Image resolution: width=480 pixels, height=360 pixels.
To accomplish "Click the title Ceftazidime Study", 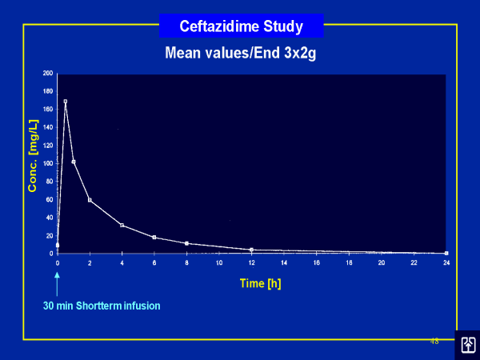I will point(241,26).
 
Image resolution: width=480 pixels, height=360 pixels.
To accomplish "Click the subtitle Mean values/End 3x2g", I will point(240,54).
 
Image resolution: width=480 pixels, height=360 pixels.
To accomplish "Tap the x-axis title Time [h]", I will point(261,282).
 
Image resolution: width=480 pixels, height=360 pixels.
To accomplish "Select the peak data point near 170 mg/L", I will point(66,102).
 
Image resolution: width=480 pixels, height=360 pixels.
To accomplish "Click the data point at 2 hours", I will point(90,200).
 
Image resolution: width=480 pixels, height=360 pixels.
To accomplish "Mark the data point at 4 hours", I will point(122,225).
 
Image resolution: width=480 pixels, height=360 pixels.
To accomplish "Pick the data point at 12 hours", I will point(251,250).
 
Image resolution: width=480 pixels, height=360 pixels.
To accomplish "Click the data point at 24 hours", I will point(446,253).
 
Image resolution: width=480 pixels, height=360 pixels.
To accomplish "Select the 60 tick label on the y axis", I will point(49,199).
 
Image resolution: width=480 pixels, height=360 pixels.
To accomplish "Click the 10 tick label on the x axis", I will point(219,262).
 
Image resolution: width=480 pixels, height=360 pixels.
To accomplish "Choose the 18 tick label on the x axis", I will point(348,262).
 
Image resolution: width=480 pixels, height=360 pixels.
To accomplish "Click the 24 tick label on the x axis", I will point(446,262).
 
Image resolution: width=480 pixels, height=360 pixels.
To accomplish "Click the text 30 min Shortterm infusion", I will point(101,305).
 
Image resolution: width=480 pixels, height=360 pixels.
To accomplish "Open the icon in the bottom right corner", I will point(467,344).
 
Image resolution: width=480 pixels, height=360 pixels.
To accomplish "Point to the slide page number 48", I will point(434,341).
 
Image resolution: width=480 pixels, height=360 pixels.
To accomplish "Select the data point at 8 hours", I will point(186,243).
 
